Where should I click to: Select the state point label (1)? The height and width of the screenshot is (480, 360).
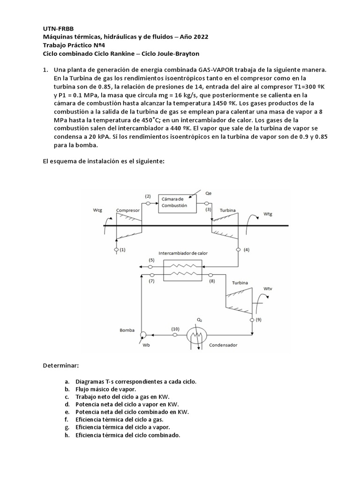coord(122,250)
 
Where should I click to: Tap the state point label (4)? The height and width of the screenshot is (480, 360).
coord(247,250)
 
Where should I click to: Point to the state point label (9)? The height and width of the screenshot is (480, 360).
coord(259,320)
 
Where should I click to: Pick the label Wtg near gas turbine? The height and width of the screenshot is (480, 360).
coord(268,214)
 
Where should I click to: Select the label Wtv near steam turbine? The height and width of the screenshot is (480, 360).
coord(268,288)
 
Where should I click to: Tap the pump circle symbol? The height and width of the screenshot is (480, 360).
coord(144,335)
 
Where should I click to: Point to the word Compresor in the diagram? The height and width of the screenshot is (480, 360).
coord(128,210)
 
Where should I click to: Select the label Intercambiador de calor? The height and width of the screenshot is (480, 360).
coord(183,253)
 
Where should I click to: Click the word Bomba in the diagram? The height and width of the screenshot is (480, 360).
coord(127,330)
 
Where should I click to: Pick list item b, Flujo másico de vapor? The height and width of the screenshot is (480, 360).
coord(102,389)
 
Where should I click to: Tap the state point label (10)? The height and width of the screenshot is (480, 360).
coord(175,329)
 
